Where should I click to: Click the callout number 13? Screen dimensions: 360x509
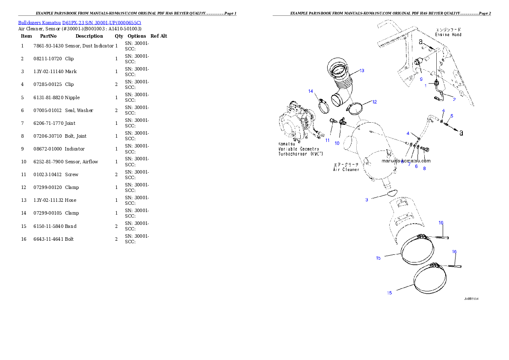pos(362,71)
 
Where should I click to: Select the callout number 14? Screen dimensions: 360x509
pos(311,91)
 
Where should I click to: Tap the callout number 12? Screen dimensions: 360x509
pos(374,102)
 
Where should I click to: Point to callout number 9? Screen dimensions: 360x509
pos(421,80)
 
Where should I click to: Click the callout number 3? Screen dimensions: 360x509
pos(367,200)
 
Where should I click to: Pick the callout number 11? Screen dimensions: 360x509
pos(328,140)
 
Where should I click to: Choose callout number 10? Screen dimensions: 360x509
pos(337,143)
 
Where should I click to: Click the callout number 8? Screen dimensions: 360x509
pos(424,168)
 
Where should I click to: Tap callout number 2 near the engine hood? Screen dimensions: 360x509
pos(454,99)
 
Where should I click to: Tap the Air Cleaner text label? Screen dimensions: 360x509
pos(346,167)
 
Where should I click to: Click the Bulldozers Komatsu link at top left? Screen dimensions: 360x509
pos(80,22)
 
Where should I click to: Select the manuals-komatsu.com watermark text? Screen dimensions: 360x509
pos(406,161)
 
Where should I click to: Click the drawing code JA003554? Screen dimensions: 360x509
pos(471,299)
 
